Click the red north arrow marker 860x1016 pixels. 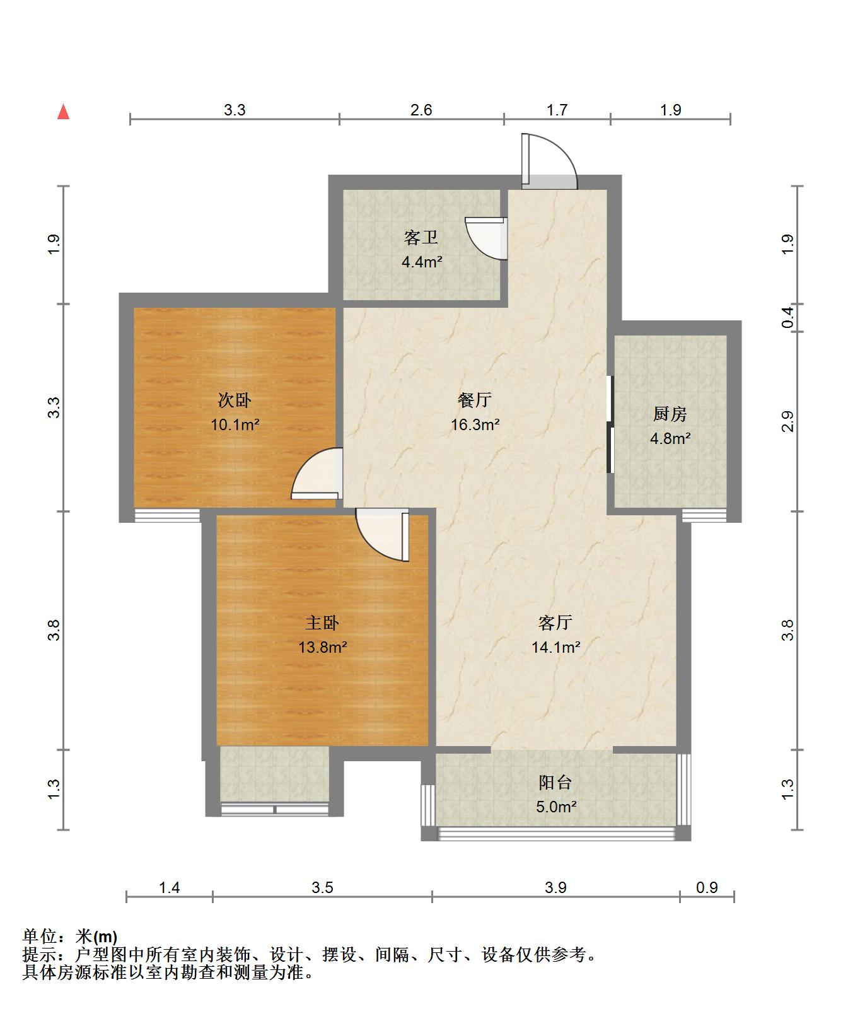(63, 112)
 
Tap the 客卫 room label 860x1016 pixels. (421, 238)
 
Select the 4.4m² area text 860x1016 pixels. (422, 261)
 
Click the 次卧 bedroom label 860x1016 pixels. (235, 400)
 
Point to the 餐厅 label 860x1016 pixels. (475, 400)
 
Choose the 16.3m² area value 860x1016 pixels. (475, 424)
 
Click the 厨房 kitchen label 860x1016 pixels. (670, 414)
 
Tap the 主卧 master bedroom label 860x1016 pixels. (323, 623)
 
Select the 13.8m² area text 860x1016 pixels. (323, 647)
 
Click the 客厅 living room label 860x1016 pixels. (555, 623)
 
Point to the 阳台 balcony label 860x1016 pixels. (555, 783)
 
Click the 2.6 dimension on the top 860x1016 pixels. (421, 110)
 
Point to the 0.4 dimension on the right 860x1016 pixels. (787, 317)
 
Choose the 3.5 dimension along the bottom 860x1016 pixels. (322, 888)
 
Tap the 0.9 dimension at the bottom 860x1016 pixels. (707, 888)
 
